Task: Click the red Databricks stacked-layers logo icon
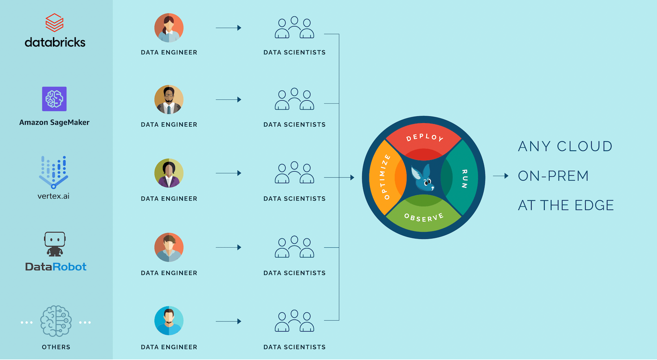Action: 55,22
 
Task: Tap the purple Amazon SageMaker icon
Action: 54,99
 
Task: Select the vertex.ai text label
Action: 53,196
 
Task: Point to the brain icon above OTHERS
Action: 56,321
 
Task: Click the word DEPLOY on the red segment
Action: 424,137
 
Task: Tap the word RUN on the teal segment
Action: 464,178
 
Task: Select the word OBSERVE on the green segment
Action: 424,217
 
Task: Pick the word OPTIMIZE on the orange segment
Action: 384,177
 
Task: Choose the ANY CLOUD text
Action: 565,146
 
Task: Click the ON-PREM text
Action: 553,176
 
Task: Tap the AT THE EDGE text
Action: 566,205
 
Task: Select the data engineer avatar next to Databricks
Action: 169,28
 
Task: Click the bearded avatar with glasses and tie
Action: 169,99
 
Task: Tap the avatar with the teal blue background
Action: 169,321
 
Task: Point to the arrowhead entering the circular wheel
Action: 352,177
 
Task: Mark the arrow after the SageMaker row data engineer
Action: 228,99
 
